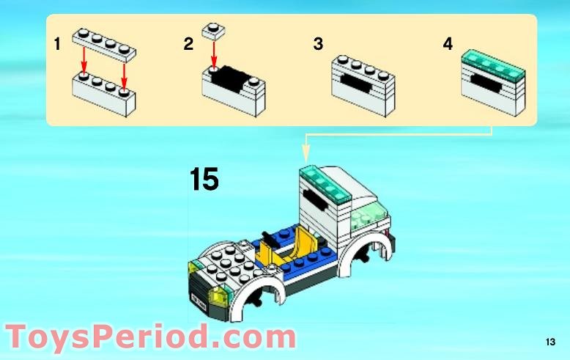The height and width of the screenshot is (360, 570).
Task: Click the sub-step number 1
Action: (57, 45)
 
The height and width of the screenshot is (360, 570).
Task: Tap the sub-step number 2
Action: (188, 44)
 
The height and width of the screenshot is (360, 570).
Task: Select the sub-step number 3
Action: (318, 44)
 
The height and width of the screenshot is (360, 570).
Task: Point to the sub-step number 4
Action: (448, 44)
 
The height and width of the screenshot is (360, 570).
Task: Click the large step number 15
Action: (204, 179)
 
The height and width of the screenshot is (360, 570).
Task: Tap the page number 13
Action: (550, 342)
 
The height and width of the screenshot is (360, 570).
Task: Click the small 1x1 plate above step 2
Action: (213, 31)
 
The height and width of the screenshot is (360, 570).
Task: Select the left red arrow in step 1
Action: (84, 59)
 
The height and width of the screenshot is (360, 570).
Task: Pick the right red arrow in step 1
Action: (125, 76)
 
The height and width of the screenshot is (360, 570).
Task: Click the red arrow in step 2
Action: (214, 54)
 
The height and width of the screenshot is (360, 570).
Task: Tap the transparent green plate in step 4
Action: (493, 64)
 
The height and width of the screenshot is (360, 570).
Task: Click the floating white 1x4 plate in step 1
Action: (104, 44)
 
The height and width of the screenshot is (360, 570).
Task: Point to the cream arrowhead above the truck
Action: (306, 154)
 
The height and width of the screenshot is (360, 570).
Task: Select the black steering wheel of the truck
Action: (269, 240)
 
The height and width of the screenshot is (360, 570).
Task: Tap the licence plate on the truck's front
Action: (198, 303)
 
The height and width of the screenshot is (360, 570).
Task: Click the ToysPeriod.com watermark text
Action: (151, 337)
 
